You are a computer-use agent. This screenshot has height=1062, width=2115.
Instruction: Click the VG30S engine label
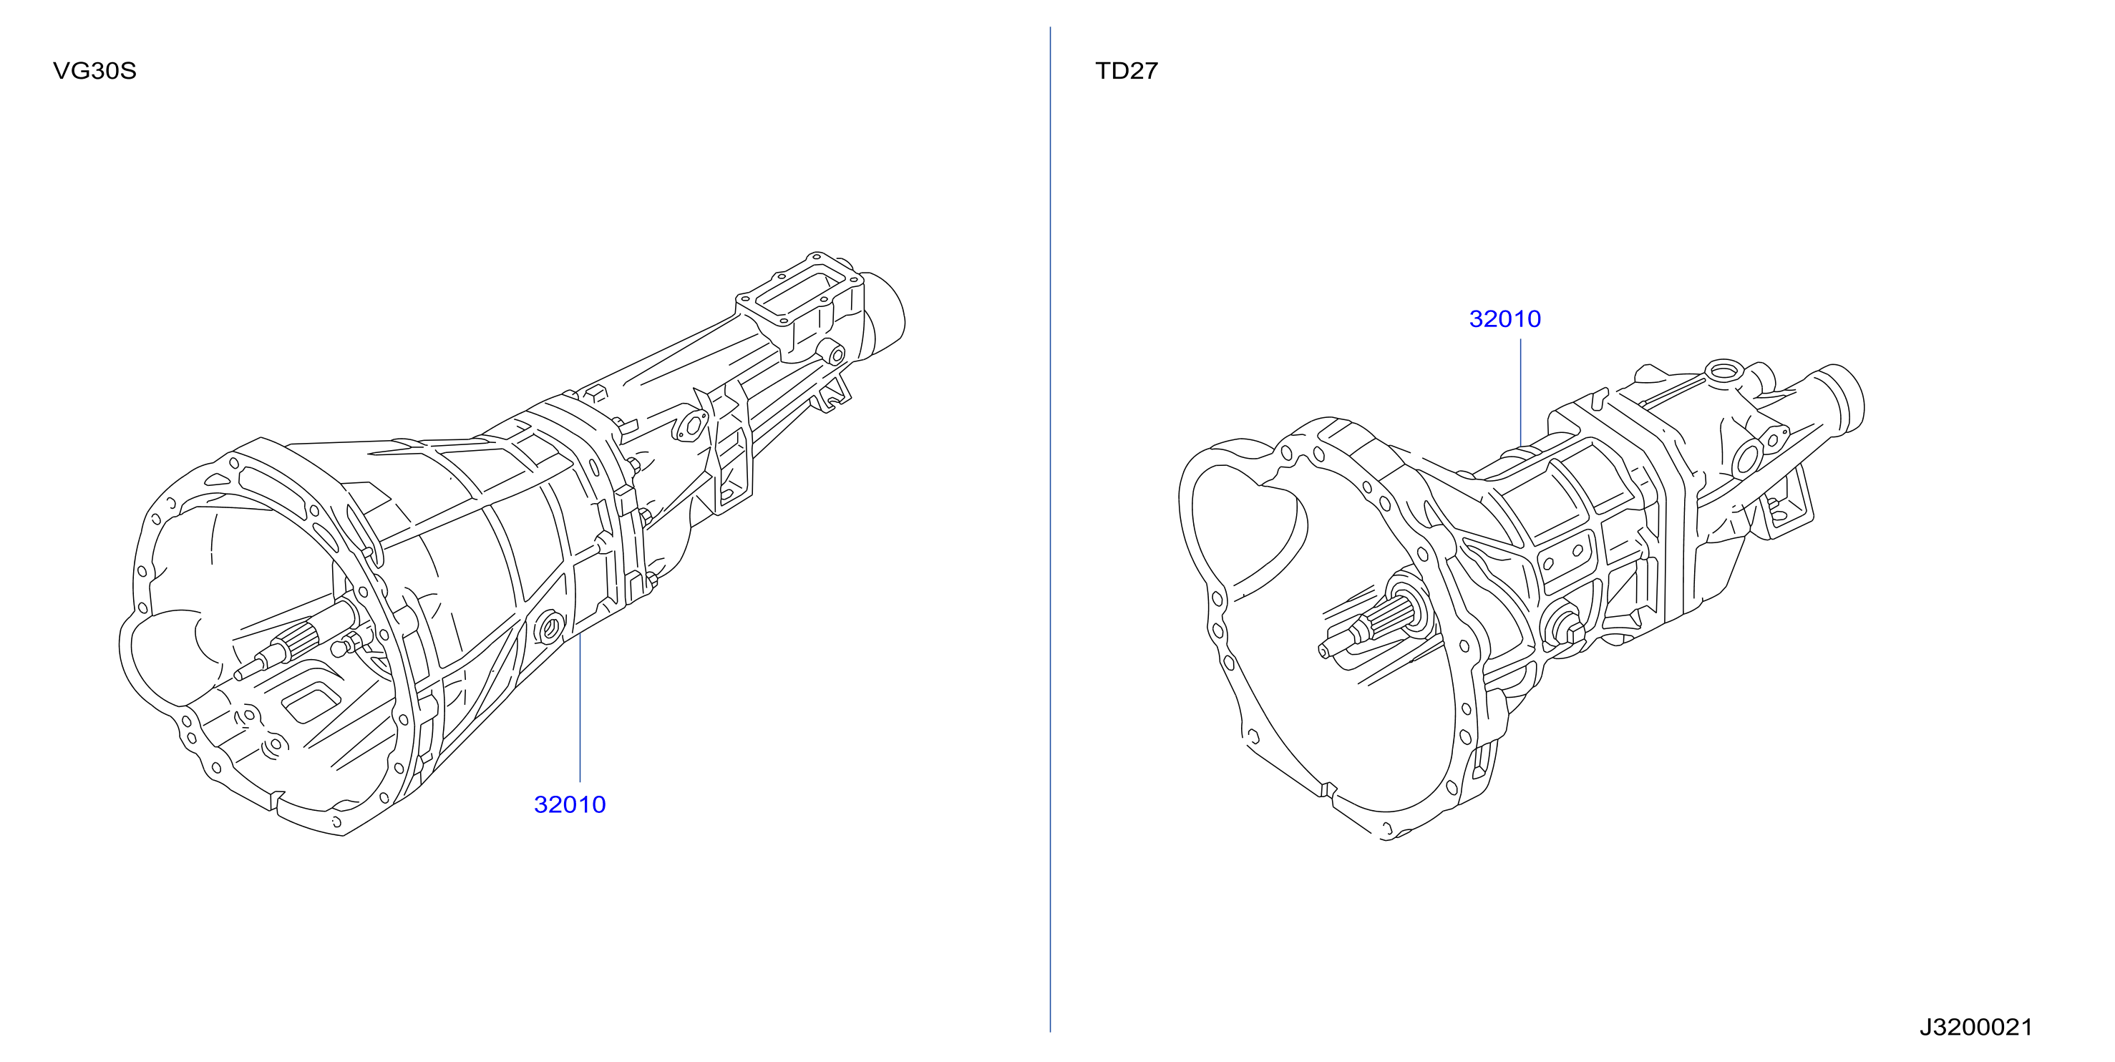click(x=94, y=71)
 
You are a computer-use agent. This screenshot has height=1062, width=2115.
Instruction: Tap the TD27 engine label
click(x=1127, y=71)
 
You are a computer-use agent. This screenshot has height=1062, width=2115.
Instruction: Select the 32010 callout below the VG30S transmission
click(x=570, y=804)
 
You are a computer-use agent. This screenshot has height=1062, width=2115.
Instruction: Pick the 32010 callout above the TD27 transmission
click(x=1505, y=318)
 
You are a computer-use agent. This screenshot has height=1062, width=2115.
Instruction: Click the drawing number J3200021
click(x=1975, y=1027)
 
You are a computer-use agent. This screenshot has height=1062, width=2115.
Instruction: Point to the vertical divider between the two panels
click(x=1050, y=530)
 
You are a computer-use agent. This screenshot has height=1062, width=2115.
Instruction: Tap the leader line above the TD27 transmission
click(x=1520, y=392)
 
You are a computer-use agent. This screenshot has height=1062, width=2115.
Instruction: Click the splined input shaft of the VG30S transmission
click(x=296, y=640)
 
